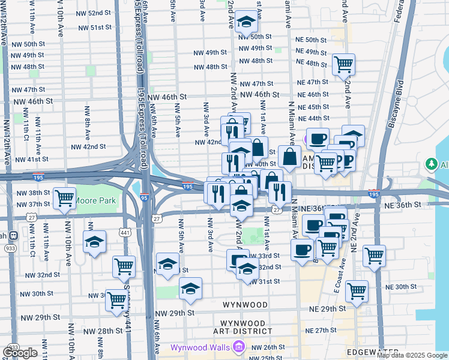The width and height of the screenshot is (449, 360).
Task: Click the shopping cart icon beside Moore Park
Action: (x=64, y=198)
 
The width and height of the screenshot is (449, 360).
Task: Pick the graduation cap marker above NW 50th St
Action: (x=245, y=22)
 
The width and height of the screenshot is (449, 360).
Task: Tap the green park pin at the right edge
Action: (x=430, y=164)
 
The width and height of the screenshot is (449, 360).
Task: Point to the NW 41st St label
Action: (x=32, y=160)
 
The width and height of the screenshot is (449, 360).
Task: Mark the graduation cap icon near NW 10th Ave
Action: (x=94, y=242)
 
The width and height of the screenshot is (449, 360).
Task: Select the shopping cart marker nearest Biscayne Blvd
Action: (x=374, y=255)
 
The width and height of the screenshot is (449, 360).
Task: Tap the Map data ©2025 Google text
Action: (x=412, y=355)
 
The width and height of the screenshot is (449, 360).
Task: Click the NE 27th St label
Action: (x=321, y=331)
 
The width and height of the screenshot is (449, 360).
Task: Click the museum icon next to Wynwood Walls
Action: (x=240, y=347)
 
